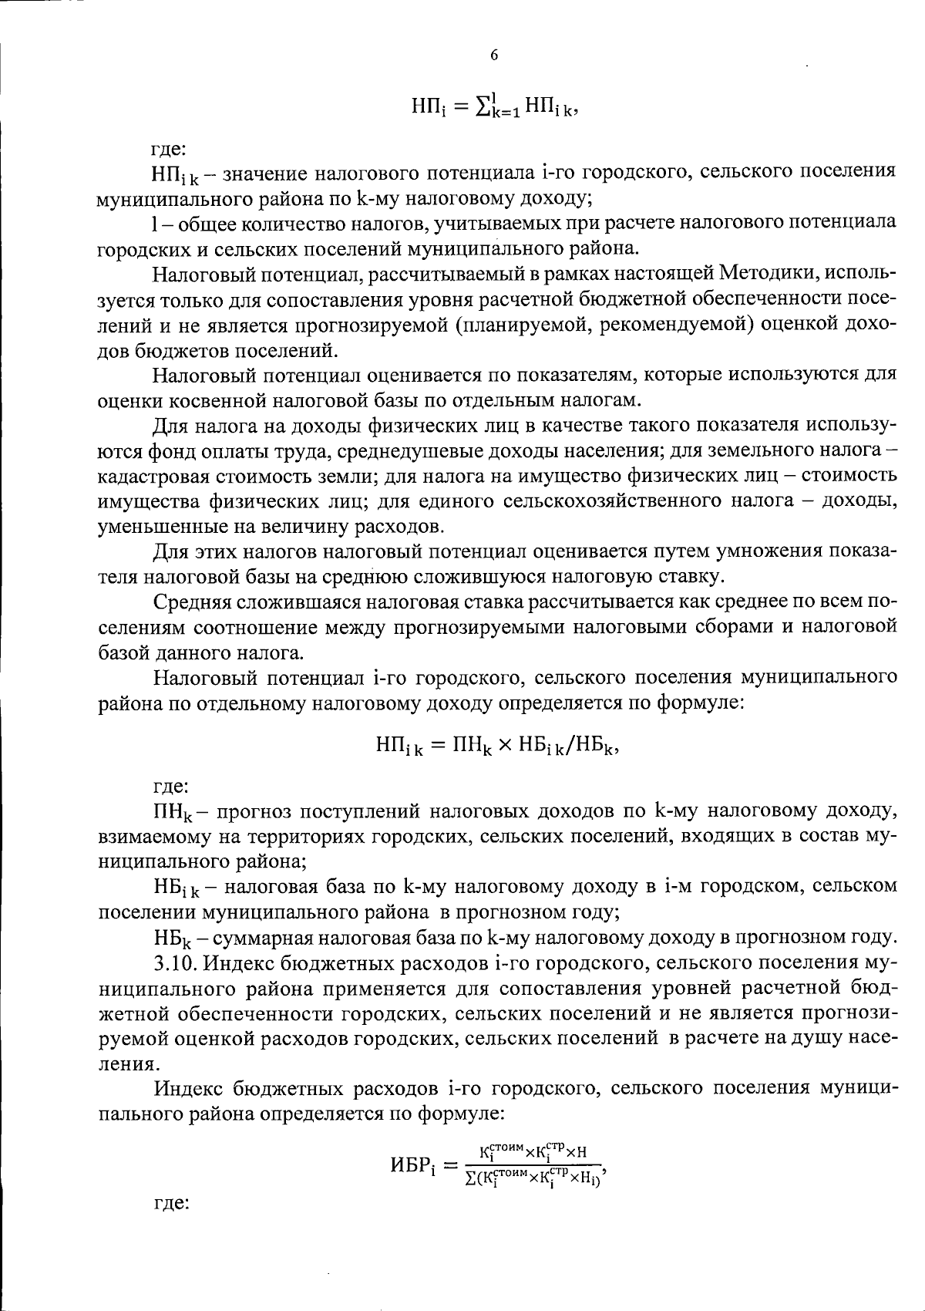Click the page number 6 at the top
coord(494,55)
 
